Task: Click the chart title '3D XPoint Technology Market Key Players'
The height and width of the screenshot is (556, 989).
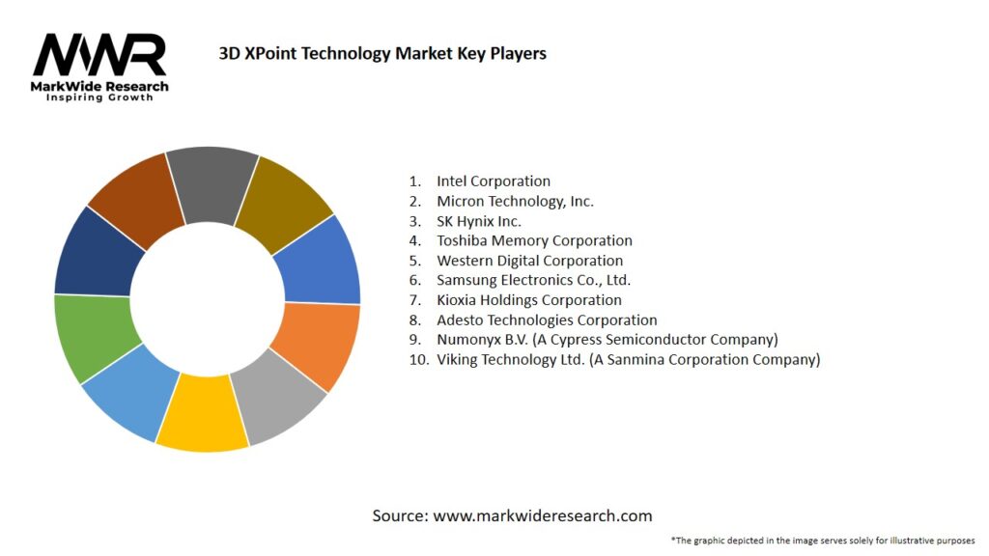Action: click(382, 53)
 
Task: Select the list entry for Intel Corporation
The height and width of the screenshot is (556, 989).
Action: click(493, 181)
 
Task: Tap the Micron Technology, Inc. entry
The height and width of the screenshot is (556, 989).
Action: click(515, 201)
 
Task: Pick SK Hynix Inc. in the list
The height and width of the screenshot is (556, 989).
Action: click(479, 221)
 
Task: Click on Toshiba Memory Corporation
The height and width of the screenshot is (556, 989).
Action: click(534, 240)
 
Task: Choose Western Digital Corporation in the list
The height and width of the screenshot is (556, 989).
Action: click(529, 261)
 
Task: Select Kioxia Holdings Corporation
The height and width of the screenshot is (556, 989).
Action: click(529, 300)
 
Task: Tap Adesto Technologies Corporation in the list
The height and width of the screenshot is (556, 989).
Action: click(547, 320)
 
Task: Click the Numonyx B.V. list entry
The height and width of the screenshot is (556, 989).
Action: click(607, 340)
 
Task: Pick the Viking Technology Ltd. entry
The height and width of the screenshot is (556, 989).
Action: click(628, 359)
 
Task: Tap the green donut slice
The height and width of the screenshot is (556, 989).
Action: click(89, 338)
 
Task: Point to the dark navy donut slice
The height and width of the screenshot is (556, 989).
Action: click(95, 255)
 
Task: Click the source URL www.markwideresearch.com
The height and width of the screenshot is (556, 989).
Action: click(542, 515)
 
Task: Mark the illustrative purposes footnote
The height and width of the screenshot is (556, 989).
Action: click(822, 540)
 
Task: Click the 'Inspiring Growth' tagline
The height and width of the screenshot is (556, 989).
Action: click(99, 97)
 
